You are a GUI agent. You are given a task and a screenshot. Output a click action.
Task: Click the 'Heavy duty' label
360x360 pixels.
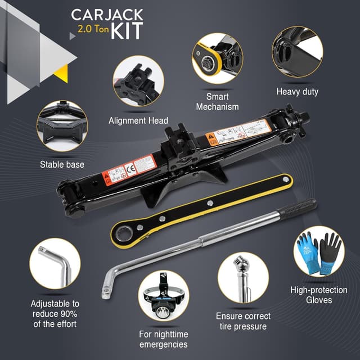297,91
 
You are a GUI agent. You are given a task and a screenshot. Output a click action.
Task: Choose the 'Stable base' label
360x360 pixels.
62,165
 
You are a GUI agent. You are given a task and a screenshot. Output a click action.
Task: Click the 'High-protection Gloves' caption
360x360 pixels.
319,295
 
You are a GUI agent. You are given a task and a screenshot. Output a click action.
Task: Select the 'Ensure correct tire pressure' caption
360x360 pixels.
243,321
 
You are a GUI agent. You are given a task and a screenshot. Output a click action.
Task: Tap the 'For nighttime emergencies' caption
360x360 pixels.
163,339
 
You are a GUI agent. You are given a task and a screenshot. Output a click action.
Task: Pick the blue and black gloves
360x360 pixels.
318,253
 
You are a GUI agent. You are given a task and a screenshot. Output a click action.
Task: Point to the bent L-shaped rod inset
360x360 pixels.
54,268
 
